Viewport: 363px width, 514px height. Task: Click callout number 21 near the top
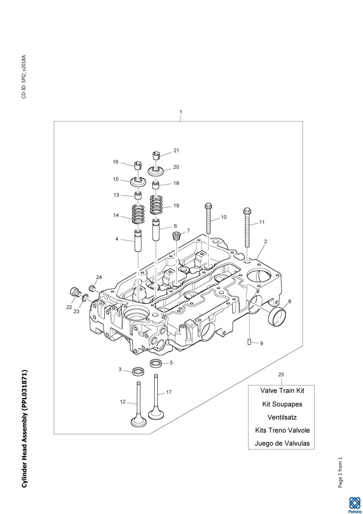click(176, 151)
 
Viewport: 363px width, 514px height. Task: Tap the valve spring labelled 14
click(138, 214)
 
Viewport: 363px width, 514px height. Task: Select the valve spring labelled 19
click(157, 205)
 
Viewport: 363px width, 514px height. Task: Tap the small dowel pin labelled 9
click(249, 342)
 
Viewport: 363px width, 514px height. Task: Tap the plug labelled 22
click(74, 292)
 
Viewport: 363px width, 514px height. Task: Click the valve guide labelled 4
click(138, 241)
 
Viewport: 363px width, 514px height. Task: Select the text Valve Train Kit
click(282, 391)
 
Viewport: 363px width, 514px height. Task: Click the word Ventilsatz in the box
click(282, 417)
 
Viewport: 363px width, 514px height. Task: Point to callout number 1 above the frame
click(181, 112)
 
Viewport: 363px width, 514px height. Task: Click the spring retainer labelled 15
click(138, 182)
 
